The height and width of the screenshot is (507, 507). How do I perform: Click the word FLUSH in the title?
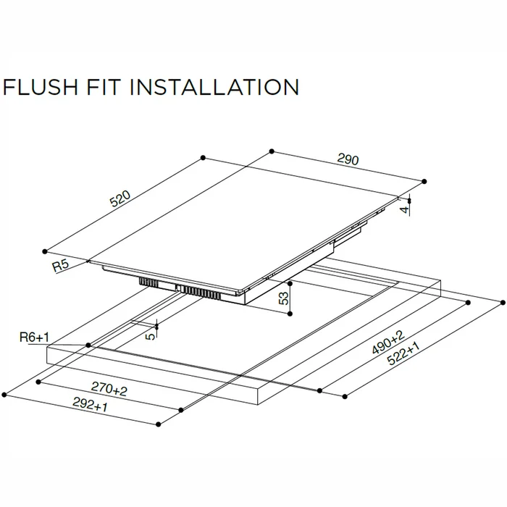point(40,87)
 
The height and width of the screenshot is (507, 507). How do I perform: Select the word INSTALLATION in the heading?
point(214,87)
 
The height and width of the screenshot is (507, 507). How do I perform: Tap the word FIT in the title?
point(104,87)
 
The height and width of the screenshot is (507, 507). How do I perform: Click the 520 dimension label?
point(120,198)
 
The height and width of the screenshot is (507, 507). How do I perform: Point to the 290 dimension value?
point(348,159)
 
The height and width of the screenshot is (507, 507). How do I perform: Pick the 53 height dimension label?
point(284,298)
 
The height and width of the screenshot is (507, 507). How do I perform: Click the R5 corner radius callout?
point(60,266)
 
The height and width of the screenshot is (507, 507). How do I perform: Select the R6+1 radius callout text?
point(34,338)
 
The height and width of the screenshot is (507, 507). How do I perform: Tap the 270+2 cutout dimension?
point(109,388)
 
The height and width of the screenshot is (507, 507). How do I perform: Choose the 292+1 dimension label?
point(90,404)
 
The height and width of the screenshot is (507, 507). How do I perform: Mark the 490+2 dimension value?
point(388,342)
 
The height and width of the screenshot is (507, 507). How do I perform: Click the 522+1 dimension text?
point(403,353)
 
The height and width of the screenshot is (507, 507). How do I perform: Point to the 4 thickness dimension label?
point(404,210)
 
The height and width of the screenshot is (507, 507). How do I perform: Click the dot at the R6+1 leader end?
point(88,345)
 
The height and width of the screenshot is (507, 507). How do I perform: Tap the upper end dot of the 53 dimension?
point(290,284)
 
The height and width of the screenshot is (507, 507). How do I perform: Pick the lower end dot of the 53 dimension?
point(290,314)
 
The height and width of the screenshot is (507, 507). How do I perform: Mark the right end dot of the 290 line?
point(424,181)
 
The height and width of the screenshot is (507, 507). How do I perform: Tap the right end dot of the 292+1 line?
point(158,424)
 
